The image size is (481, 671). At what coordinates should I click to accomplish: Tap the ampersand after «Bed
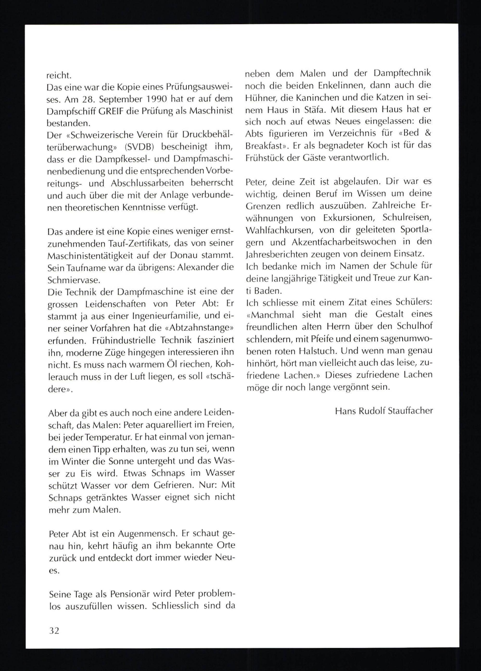pyautogui.click(x=427, y=133)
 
